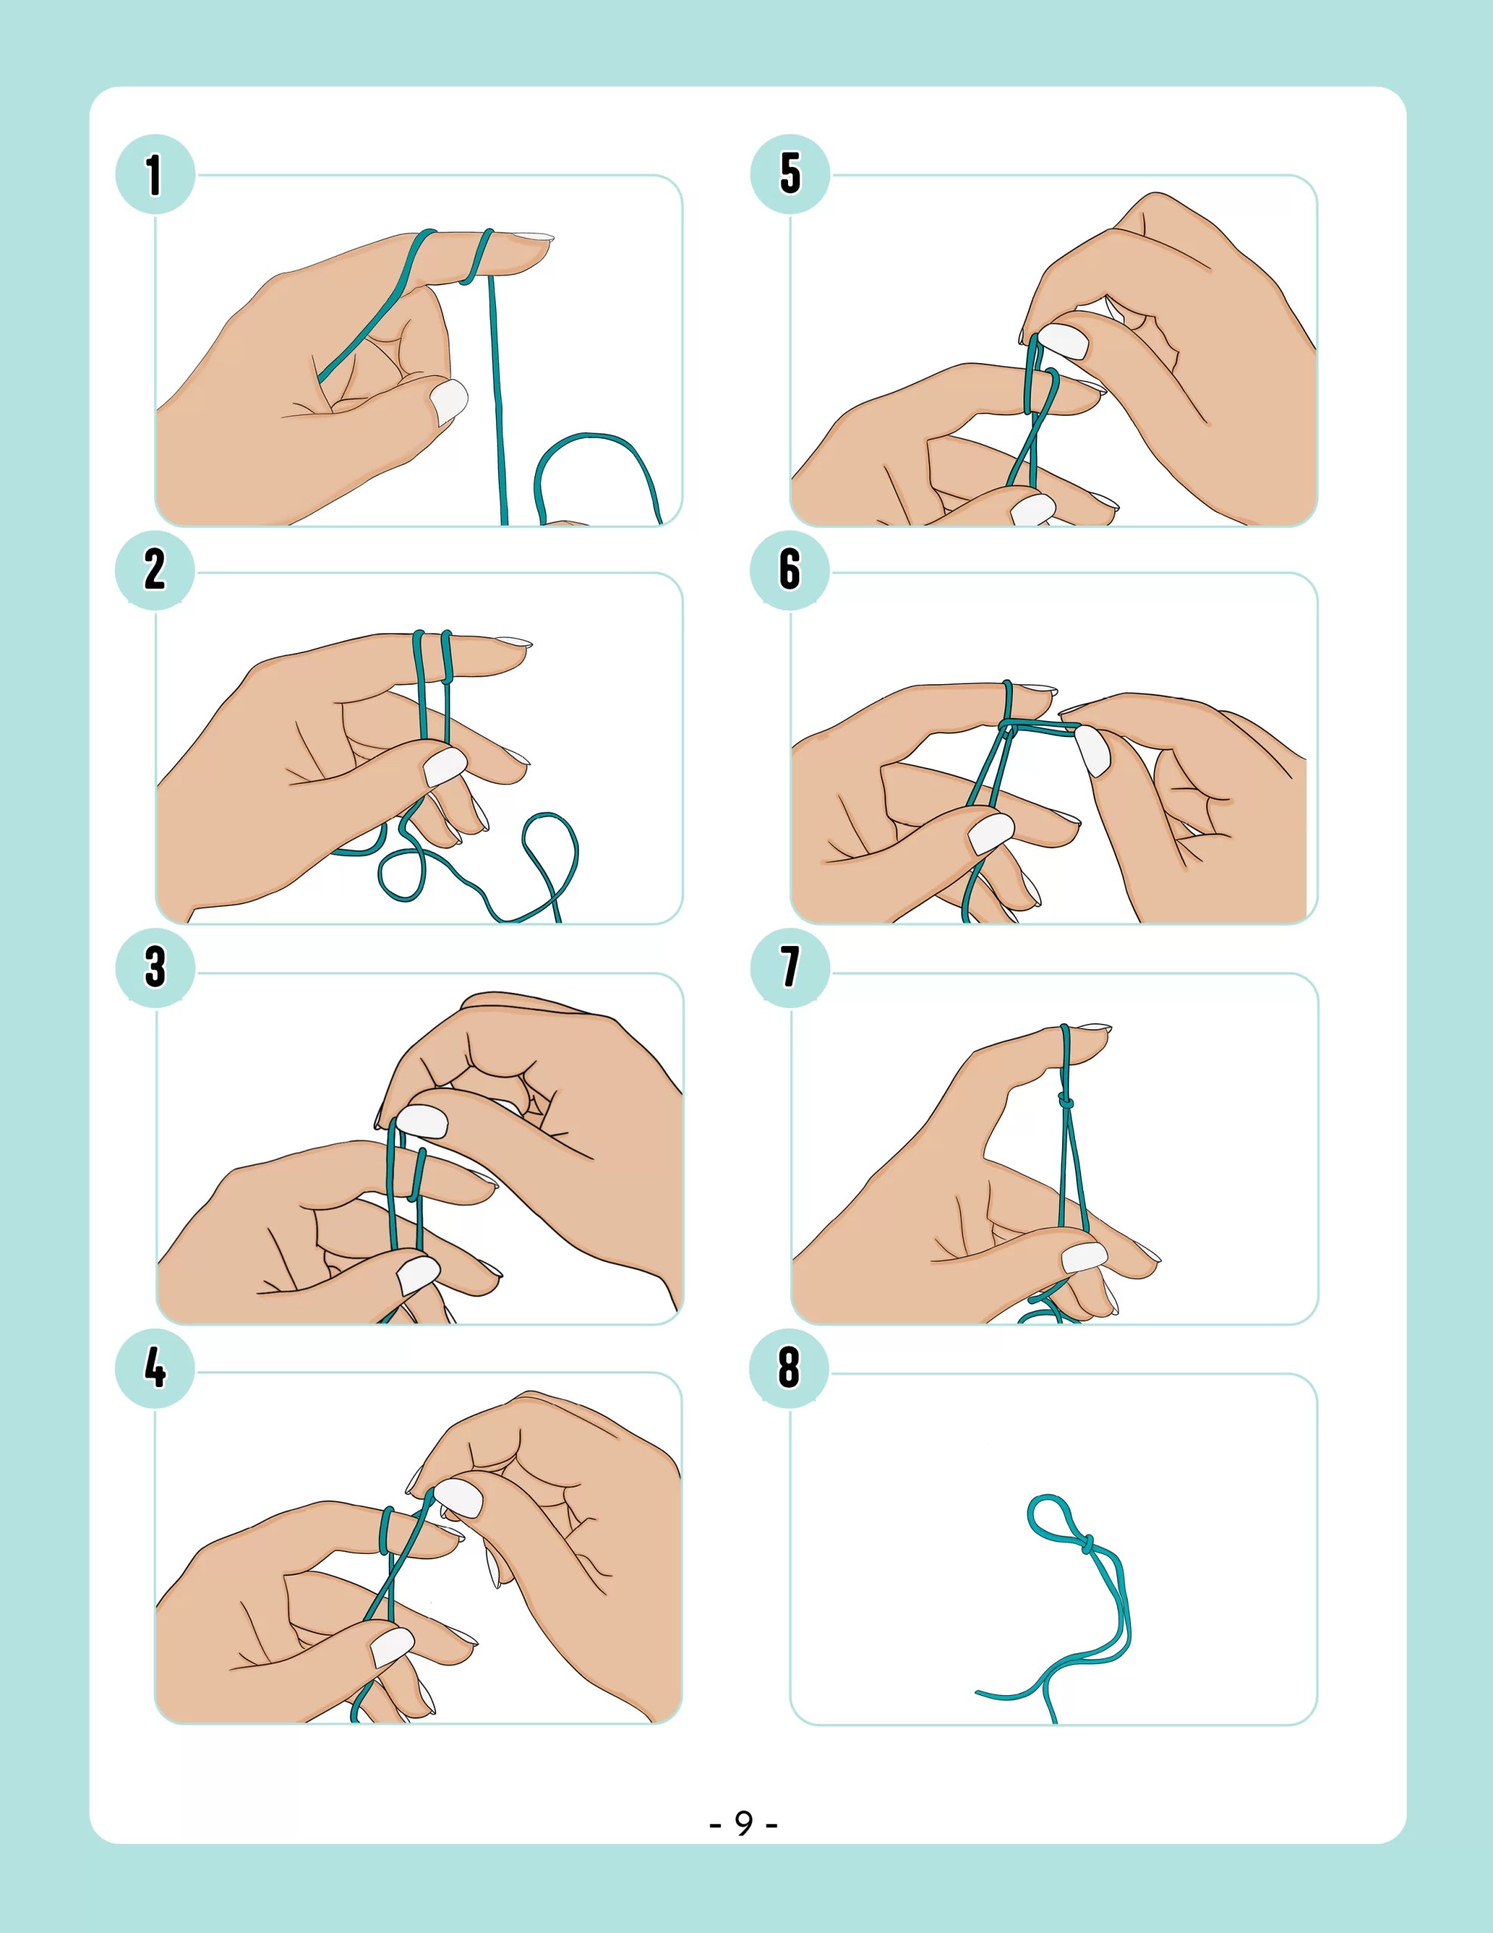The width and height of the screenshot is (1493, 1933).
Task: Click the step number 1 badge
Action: (x=155, y=174)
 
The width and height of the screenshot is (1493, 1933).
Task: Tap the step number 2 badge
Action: (x=155, y=569)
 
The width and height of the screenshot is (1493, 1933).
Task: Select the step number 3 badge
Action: (x=155, y=966)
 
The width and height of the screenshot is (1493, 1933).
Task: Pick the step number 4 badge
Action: (x=155, y=1367)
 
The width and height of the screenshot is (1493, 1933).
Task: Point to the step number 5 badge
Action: (x=790, y=174)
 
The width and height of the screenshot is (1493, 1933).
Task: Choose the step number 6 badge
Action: (x=790, y=569)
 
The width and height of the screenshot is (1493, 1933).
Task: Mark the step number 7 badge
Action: (x=790, y=966)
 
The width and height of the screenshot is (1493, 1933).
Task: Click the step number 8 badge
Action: (x=790, y=1367)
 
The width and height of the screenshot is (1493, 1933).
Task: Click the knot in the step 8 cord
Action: (x=1086, y=1543)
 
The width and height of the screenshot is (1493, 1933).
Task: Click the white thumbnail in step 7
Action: (x=1084, y=1256)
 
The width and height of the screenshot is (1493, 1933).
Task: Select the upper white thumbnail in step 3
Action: (x=422, y=1121)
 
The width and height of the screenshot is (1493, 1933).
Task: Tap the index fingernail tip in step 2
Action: (x=514, y=642)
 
